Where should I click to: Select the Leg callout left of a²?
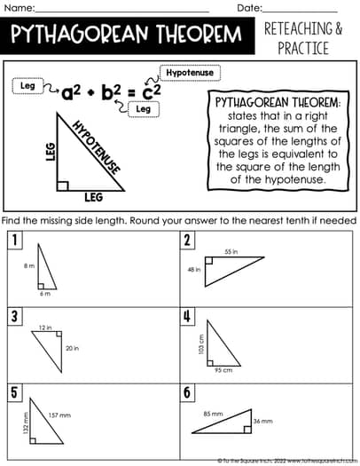point(28,85)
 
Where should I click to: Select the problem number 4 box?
point(187,316)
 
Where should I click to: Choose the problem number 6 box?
point(187,392)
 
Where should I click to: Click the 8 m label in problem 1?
point(28,265)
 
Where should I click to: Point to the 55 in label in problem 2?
point(231,252)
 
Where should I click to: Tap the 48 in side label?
point(195,270)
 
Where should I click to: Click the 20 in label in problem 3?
point(72,348)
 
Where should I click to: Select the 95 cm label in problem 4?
point(223,370)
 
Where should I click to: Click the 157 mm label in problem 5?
point(59,415)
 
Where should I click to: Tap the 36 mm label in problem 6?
point(263,421)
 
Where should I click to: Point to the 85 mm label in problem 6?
point(213,413)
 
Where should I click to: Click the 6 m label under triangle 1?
point(43,293)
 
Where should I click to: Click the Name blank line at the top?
point(124,8)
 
